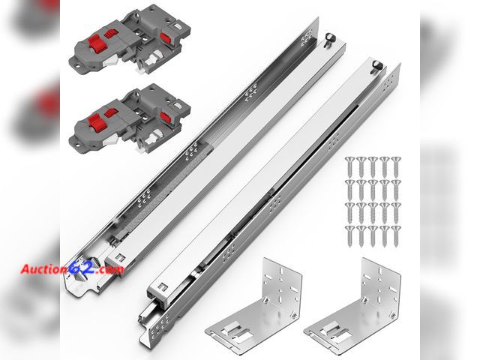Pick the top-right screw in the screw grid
[x=394, y=163]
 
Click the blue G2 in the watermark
[x=79, y=268]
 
